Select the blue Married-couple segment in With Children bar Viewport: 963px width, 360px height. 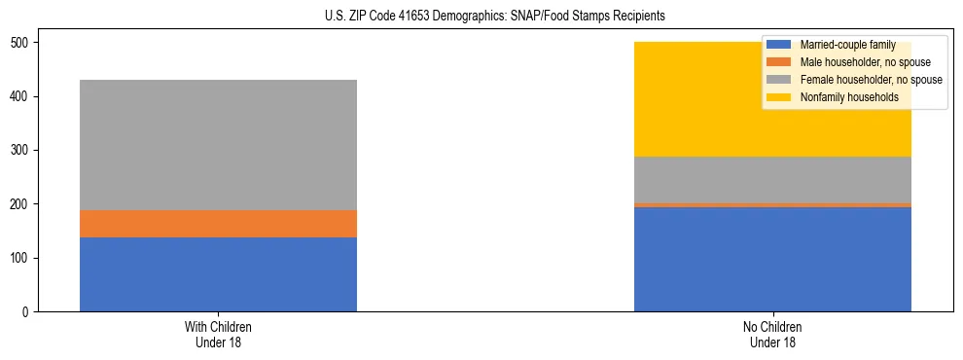click(x=218, y=274)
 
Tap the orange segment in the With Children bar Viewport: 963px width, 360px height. click(x=218, y=224)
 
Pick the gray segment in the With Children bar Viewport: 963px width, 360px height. click(x=218, y=145)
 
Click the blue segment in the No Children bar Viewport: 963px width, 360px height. click(x=772, y=259)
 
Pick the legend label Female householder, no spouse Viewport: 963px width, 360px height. click(x=871, y=80)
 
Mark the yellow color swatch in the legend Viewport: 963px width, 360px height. click(x=780, y=97)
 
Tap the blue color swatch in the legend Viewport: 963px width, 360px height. click(x=780, y=45)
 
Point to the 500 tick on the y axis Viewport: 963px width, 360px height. click(x=25, y=43)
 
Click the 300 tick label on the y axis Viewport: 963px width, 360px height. click(x=25, y=151)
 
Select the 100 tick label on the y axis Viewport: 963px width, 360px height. click(x=25, y=258)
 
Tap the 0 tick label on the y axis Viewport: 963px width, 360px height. click(x=31, y=312)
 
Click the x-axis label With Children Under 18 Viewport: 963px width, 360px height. click(x=218, y=334)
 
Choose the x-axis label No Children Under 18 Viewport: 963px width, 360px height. click(x=772, y=334)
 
